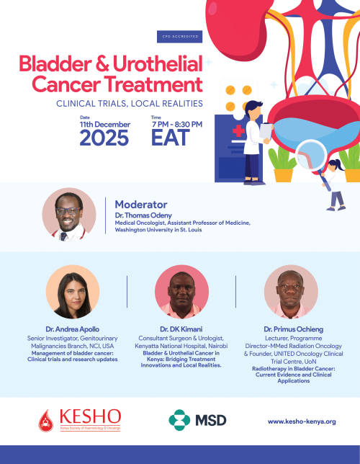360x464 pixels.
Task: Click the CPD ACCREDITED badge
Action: click(177, 35)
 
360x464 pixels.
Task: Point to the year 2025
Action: click(104, 138)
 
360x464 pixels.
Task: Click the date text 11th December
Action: click(104, 124)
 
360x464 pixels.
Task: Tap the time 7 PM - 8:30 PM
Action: click(176, 124)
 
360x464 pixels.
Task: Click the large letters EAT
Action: click(171, 138)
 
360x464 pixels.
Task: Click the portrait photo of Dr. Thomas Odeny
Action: click(69, 214)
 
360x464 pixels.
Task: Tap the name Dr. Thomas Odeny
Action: click(143, 216)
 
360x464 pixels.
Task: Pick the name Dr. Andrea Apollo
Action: click(72, 329)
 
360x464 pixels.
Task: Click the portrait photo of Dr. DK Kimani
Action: click(181, 292)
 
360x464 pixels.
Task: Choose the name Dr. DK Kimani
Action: click(181, 329)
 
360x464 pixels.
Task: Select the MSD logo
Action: click(197, 419)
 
